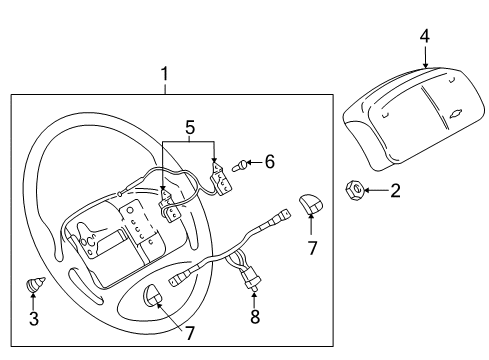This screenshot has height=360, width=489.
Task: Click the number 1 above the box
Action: tap(165, 73)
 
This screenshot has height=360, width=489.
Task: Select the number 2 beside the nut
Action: tap(395, 190)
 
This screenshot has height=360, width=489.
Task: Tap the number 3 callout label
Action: tap(35, 319)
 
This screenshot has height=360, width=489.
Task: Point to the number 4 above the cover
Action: tap(425, 37)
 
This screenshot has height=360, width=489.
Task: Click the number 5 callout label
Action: tap(188, 127)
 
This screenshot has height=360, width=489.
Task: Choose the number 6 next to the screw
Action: tap(267, 162)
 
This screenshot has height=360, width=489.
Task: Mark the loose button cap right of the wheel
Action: tap(312, 205)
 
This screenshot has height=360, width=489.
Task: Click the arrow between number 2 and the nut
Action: tap(374, 189)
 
